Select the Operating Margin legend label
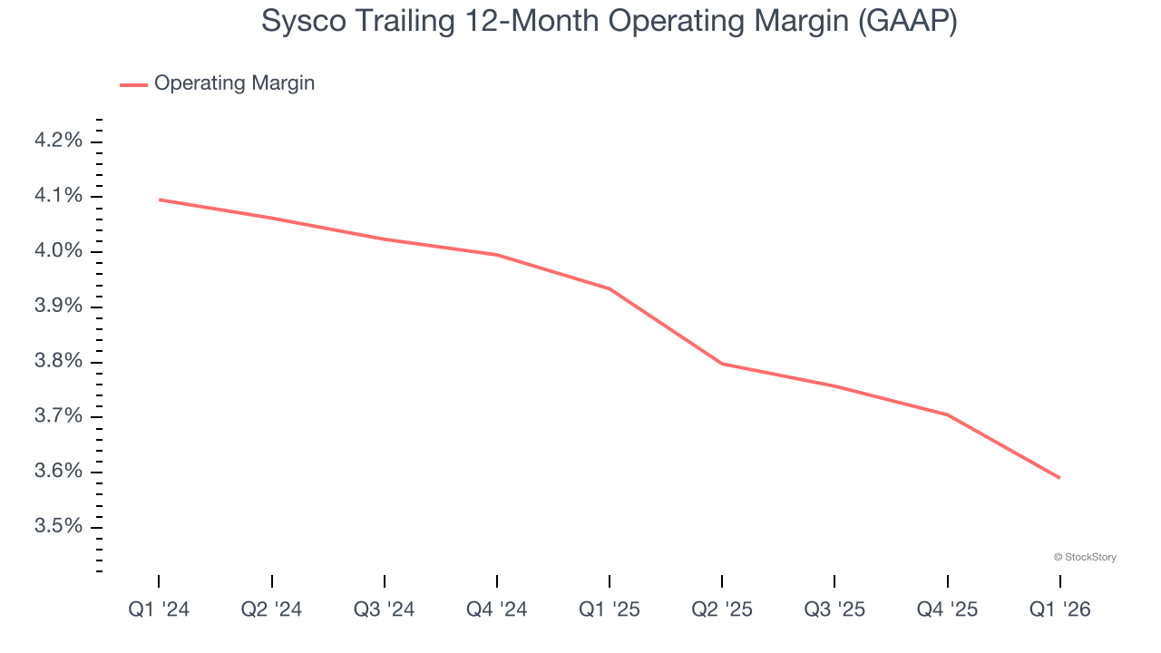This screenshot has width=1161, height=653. (x=234, y=83)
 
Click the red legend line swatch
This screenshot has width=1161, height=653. (x=133, y=84)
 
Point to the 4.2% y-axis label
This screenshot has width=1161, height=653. (x=59, y=141)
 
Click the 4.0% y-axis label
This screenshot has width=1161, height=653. (x=59, y=251)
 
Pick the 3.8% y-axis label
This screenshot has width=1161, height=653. (x=59, y=362)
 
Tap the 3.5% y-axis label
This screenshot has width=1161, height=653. (x=59, y=527)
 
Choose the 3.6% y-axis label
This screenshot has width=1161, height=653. (x=59, y=472)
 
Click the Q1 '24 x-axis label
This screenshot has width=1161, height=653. (x=159, y=609)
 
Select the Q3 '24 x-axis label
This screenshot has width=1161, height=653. (x=384, y=609)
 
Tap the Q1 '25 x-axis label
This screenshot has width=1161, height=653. (x=610, y=609)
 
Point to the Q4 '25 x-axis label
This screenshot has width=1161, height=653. (x=947, y=609)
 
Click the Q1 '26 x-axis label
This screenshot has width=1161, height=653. (x=1059, y=609)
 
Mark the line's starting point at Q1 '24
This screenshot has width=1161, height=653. (x=160, y=200)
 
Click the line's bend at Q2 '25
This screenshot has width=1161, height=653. (x=722, y=364)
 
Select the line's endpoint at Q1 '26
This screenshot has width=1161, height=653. (x=1059, y=478)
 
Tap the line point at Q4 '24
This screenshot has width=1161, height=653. (x=497, y=255)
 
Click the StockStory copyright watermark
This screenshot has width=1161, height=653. (x=1085, y=557)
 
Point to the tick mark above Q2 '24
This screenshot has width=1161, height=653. (x=272, y=581)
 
